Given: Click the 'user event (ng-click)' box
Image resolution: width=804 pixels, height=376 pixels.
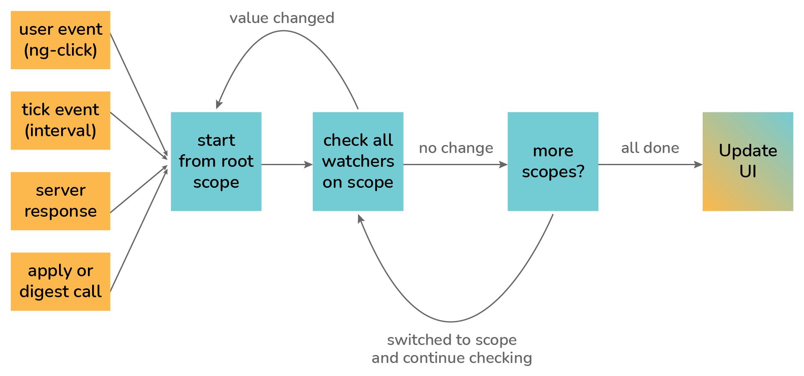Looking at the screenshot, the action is coord(60,40).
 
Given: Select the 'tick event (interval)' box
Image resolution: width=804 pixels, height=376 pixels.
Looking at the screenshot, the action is coord(60,120).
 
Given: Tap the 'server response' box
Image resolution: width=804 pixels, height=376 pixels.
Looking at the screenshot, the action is coord(60,201).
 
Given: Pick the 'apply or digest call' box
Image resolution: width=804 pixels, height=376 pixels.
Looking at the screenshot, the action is coord(60,281).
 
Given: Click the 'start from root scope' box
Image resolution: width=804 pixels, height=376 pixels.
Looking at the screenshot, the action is coord(216,161).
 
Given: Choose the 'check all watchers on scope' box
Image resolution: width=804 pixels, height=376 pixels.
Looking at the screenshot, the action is coord(358,161).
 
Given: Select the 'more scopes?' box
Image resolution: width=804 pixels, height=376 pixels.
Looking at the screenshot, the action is coord(553,161).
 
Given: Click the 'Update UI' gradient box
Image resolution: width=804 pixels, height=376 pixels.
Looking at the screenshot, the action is coord(748,161).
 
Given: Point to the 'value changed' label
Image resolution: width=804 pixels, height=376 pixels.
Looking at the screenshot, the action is coord(282,18).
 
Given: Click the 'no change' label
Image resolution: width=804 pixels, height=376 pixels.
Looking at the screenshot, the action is coord(456,148).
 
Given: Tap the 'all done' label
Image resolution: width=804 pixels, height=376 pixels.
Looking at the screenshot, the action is coord(650,148).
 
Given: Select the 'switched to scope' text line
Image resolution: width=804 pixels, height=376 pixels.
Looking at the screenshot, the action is coord(452,340).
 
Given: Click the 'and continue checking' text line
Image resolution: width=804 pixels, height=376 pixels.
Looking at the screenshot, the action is coord(452,358).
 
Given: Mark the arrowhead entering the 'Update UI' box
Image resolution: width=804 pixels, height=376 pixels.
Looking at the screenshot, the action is coord(698,165).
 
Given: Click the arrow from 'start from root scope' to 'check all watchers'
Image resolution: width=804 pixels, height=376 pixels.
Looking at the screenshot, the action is coord(287,165).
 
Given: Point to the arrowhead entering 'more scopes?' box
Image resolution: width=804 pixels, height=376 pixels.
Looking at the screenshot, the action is coord(503,165).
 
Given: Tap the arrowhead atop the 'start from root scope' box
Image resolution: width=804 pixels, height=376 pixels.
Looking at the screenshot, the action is coord(219,104).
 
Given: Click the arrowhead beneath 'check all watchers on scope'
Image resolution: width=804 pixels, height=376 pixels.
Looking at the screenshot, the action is coord(361,218).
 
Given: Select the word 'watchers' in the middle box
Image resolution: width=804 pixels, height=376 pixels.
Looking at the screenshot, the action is coord(358,161).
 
